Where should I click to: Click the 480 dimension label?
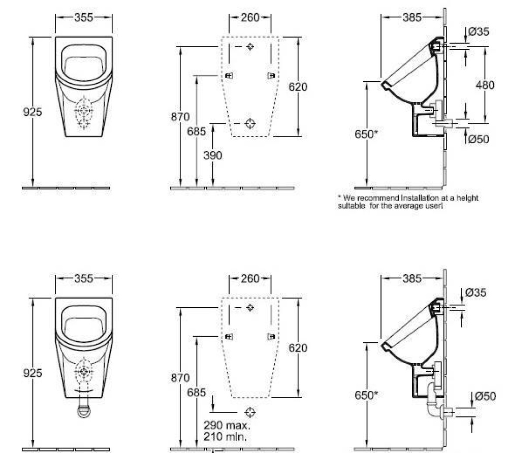pyautogui.click(x=485, y=85)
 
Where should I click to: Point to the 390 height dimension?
pyautogui.click(x=213, y=156)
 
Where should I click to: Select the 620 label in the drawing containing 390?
pyautogui.click(x=298, y=87)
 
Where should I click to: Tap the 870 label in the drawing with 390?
pyautogui.click(x=180, y=117)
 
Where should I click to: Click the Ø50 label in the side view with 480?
pyautogui.click(x=479, y=139)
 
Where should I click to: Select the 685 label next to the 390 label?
pyautogui.click(x=197, y=132)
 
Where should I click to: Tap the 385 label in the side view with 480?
pyautogui.click(x=412, y=17)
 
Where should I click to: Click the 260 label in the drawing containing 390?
pyautogui.click(x=250, y=17)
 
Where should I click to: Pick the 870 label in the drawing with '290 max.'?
pyautogui.click(x=180, y=378)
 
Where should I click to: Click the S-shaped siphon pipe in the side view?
pyautogui.click(x=433, y=401)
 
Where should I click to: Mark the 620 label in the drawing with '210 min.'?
pyautogui.click(x=298, y=348)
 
